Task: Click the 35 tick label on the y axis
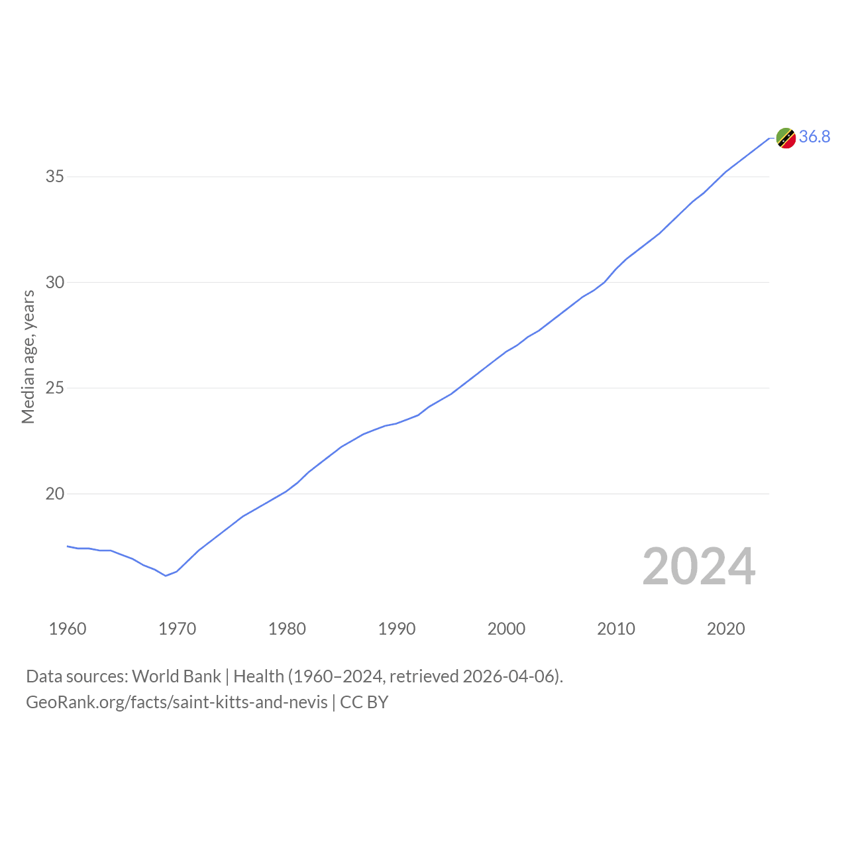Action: pyautogui.click(x=54, y=176)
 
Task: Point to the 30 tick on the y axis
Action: pyautogui.click(x=54, y=282)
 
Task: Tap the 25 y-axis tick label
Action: pyautogui.click(x=54, y=388)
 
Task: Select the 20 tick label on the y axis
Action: pyautogui.click(x=54, y=494)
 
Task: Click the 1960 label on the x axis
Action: pyautogui.click(x=68, y=629)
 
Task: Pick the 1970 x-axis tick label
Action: pyautogui.click(x=177, y=629)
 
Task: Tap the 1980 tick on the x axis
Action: pyautogui.click(x=287, y=629)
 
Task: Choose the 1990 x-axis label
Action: pyautogui.click(x=396, y=629)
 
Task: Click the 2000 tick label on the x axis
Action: pyautogui.click(x=506, y=629)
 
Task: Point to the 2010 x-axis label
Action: pyautogui.click(x=615, y=629)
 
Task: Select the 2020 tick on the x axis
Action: pyautogui.click(x=725, y=629)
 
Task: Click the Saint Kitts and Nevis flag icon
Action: pyautogui.click(x=786, y=138)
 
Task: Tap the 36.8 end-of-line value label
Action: pyautogui.click(x=814, y=137)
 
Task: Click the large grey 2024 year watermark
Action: pyautogui.click(x=699, y=566)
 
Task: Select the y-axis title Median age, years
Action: pyautogui.click(x=28, y=357)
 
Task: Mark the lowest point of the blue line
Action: pyautogui.click(x=166, y=576)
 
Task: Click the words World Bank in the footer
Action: pyautogui.click(x=176, y=676)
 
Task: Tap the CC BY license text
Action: pyautogui.click(x=364, y=702)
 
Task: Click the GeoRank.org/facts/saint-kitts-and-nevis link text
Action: pyautogui.click(x=177, y=702)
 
